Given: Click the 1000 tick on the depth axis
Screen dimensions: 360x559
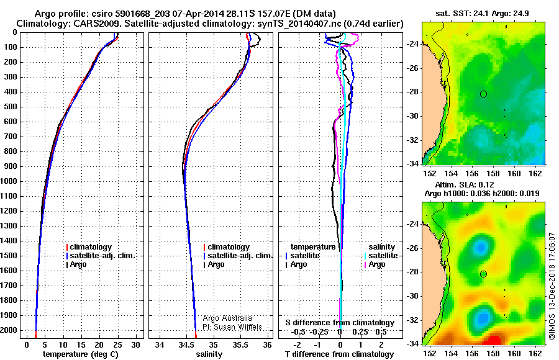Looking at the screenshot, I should (x=11, y=181).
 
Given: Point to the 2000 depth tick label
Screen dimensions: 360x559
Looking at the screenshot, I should (x=11, y=330).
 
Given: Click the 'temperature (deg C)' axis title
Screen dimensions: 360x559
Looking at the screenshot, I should (x=80, y=354).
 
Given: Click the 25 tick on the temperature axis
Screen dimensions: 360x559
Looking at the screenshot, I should (x=117, y=344).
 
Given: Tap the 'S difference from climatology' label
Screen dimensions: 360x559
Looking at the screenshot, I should (x=340, y=323).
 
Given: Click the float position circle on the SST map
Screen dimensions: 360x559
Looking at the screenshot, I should (x=483, y=94).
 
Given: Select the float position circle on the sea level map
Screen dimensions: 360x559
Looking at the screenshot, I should (x=483, y=274).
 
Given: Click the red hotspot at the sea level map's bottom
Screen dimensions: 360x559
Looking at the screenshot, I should (x=494, y=340).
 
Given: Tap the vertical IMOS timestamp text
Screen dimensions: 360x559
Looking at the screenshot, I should (x=552, y=286).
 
